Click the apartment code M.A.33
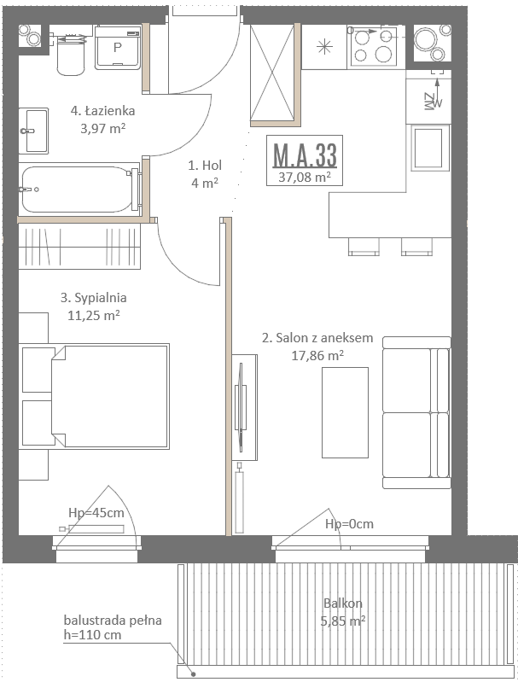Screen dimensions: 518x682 tap(305, 154)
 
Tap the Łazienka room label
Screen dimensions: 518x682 tap(102, 111)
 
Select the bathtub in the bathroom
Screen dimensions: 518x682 tap(80, 189)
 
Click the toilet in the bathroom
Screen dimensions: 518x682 tap(71, 55)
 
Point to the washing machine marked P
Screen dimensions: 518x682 tap(118, 48)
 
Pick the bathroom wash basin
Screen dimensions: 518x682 tap(33, 131)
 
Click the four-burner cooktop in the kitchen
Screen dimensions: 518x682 tap(374, 47)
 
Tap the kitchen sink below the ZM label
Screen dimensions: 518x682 tap(428, 148)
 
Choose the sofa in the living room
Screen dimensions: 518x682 tap(416, 412)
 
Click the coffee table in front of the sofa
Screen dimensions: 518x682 tap(345, 412)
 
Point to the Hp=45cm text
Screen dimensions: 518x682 tap(96, 513)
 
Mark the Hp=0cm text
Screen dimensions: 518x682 tap(349, 524)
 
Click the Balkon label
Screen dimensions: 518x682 tap(343, 603)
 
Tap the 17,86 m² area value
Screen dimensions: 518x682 tap(317, 356)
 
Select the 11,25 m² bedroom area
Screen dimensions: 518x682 tap(94, 315)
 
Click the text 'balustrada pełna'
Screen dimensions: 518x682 tap(113, 621)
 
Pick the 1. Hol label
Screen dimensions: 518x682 tap(205, 166)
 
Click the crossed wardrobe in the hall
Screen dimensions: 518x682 tap(272, 73)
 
